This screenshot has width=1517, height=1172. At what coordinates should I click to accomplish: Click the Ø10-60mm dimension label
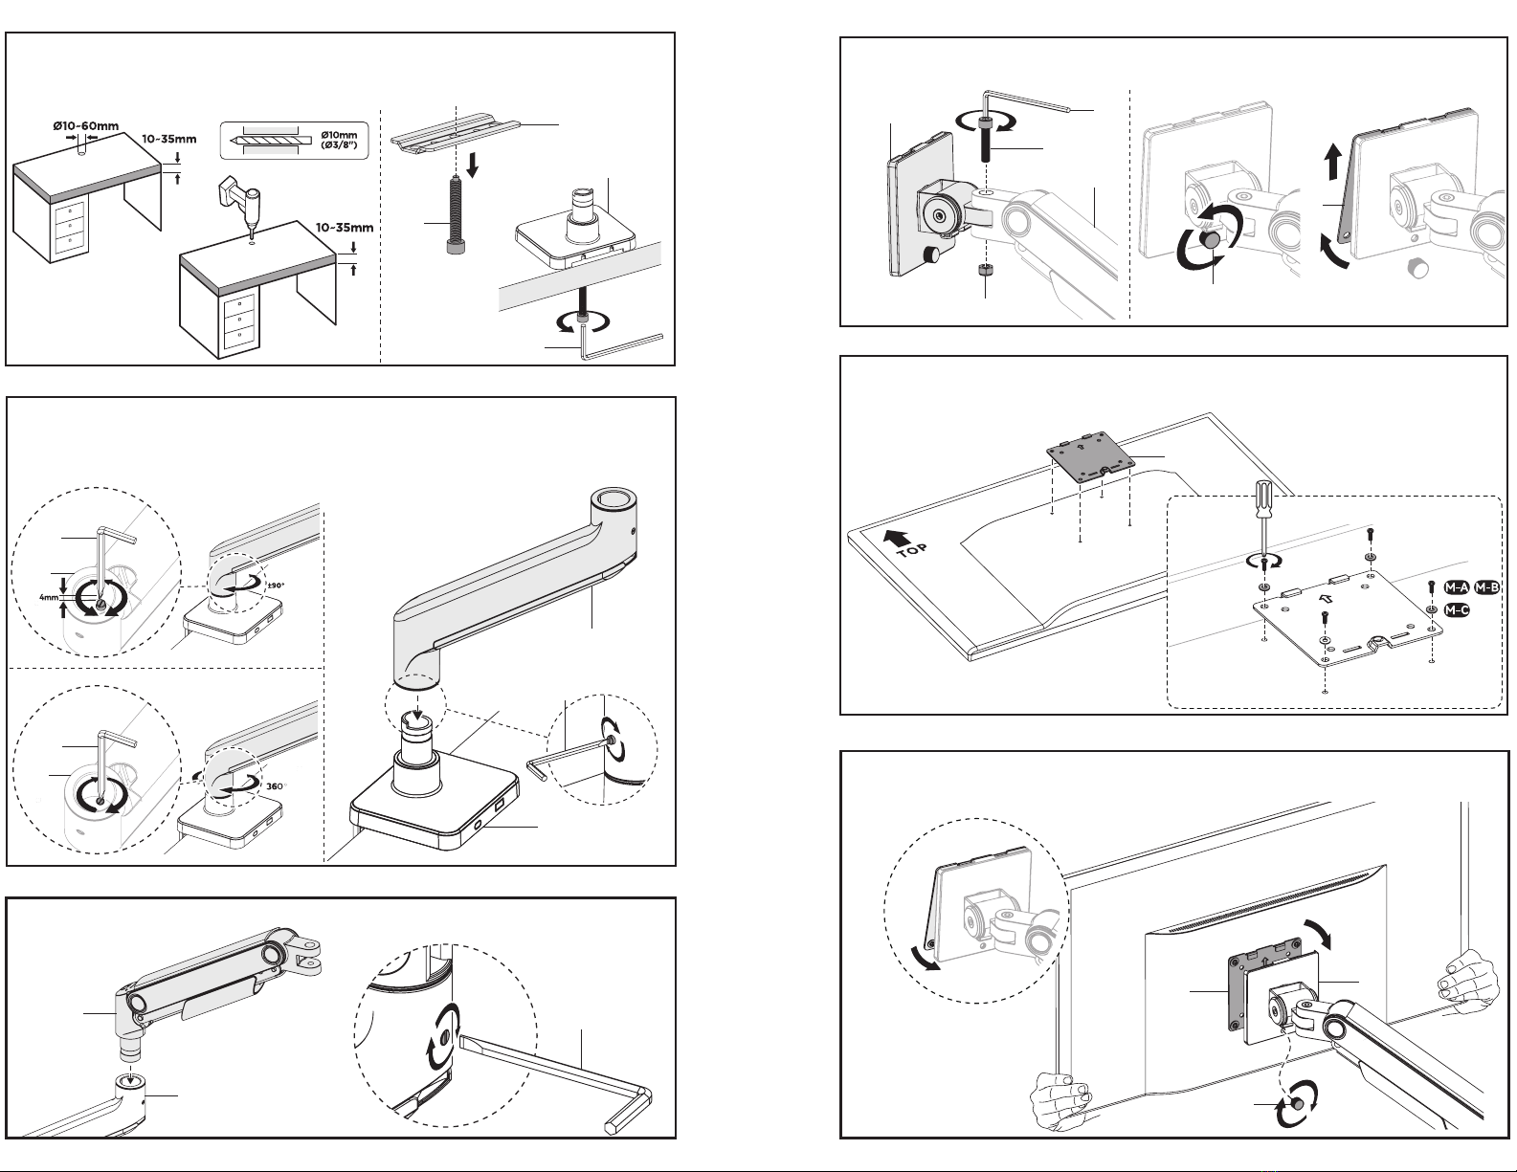pyautogui.click(x=86, y=126)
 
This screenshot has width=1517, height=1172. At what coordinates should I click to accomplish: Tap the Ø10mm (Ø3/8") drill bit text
pyautogui.click(x=339, y=140)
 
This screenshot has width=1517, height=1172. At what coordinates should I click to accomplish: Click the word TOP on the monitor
pyautogui.click(x=912, y=550)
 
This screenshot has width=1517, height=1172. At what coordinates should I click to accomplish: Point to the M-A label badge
pyautogui.click(x=1457, y=587)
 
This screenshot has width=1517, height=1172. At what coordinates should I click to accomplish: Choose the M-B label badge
pyautogui.click(x=1486, y=587)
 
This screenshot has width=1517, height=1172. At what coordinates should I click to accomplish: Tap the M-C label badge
pyautogui.click(x=1457, y=610)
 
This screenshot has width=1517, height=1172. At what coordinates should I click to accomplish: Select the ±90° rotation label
pyautogui.click(x=277, y=586)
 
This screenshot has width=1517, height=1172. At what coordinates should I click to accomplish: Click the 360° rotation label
pyautogui.click(x=276, y=786)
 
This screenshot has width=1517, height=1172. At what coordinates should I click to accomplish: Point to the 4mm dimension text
pyautogui.click(x=48, y=598)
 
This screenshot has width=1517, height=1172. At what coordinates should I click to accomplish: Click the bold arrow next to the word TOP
pyautogui.click(x=897, y=537)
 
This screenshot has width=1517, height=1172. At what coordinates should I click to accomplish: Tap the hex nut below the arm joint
pyautogui.click(x=985, y=271)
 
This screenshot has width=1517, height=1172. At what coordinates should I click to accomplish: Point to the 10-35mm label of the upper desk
pyautogui.click(x=169, y=139)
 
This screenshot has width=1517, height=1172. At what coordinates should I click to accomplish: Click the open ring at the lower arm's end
pyautogui.click(x=614, y=501)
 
